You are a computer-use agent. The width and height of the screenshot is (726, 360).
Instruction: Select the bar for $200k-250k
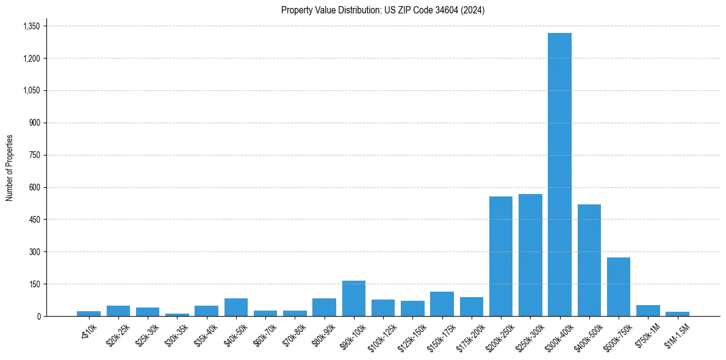click(x=501, y=256)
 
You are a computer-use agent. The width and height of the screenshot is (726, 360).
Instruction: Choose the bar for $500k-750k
click(x=619, y=287)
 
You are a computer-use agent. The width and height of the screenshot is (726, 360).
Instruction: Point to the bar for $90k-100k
click(x=354, y=298)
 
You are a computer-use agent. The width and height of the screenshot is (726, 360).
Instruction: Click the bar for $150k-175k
click(x=442, y=304)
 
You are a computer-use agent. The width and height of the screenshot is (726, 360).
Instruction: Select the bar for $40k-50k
click(x=236, y=307)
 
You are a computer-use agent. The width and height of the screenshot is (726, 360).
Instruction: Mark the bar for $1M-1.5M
click(x=677, y=314)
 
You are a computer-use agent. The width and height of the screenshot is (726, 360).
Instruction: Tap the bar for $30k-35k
click(x=177, y=315)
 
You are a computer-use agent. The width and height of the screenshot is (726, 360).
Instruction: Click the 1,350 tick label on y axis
click(x=31, y=26)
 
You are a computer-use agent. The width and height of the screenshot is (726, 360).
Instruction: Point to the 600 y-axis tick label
click(x=34, y=187)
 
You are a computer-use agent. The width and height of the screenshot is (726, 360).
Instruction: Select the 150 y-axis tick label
click(x=34, y=284)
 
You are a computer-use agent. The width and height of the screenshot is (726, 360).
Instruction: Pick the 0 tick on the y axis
click(x=38, y=317)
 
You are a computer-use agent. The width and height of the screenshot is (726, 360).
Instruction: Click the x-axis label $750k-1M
click(x=644, y=335)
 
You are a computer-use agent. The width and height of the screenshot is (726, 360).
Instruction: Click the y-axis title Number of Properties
click(x=9, y=168)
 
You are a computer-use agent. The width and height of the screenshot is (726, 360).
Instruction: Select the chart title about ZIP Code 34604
click(x=383, y=10)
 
